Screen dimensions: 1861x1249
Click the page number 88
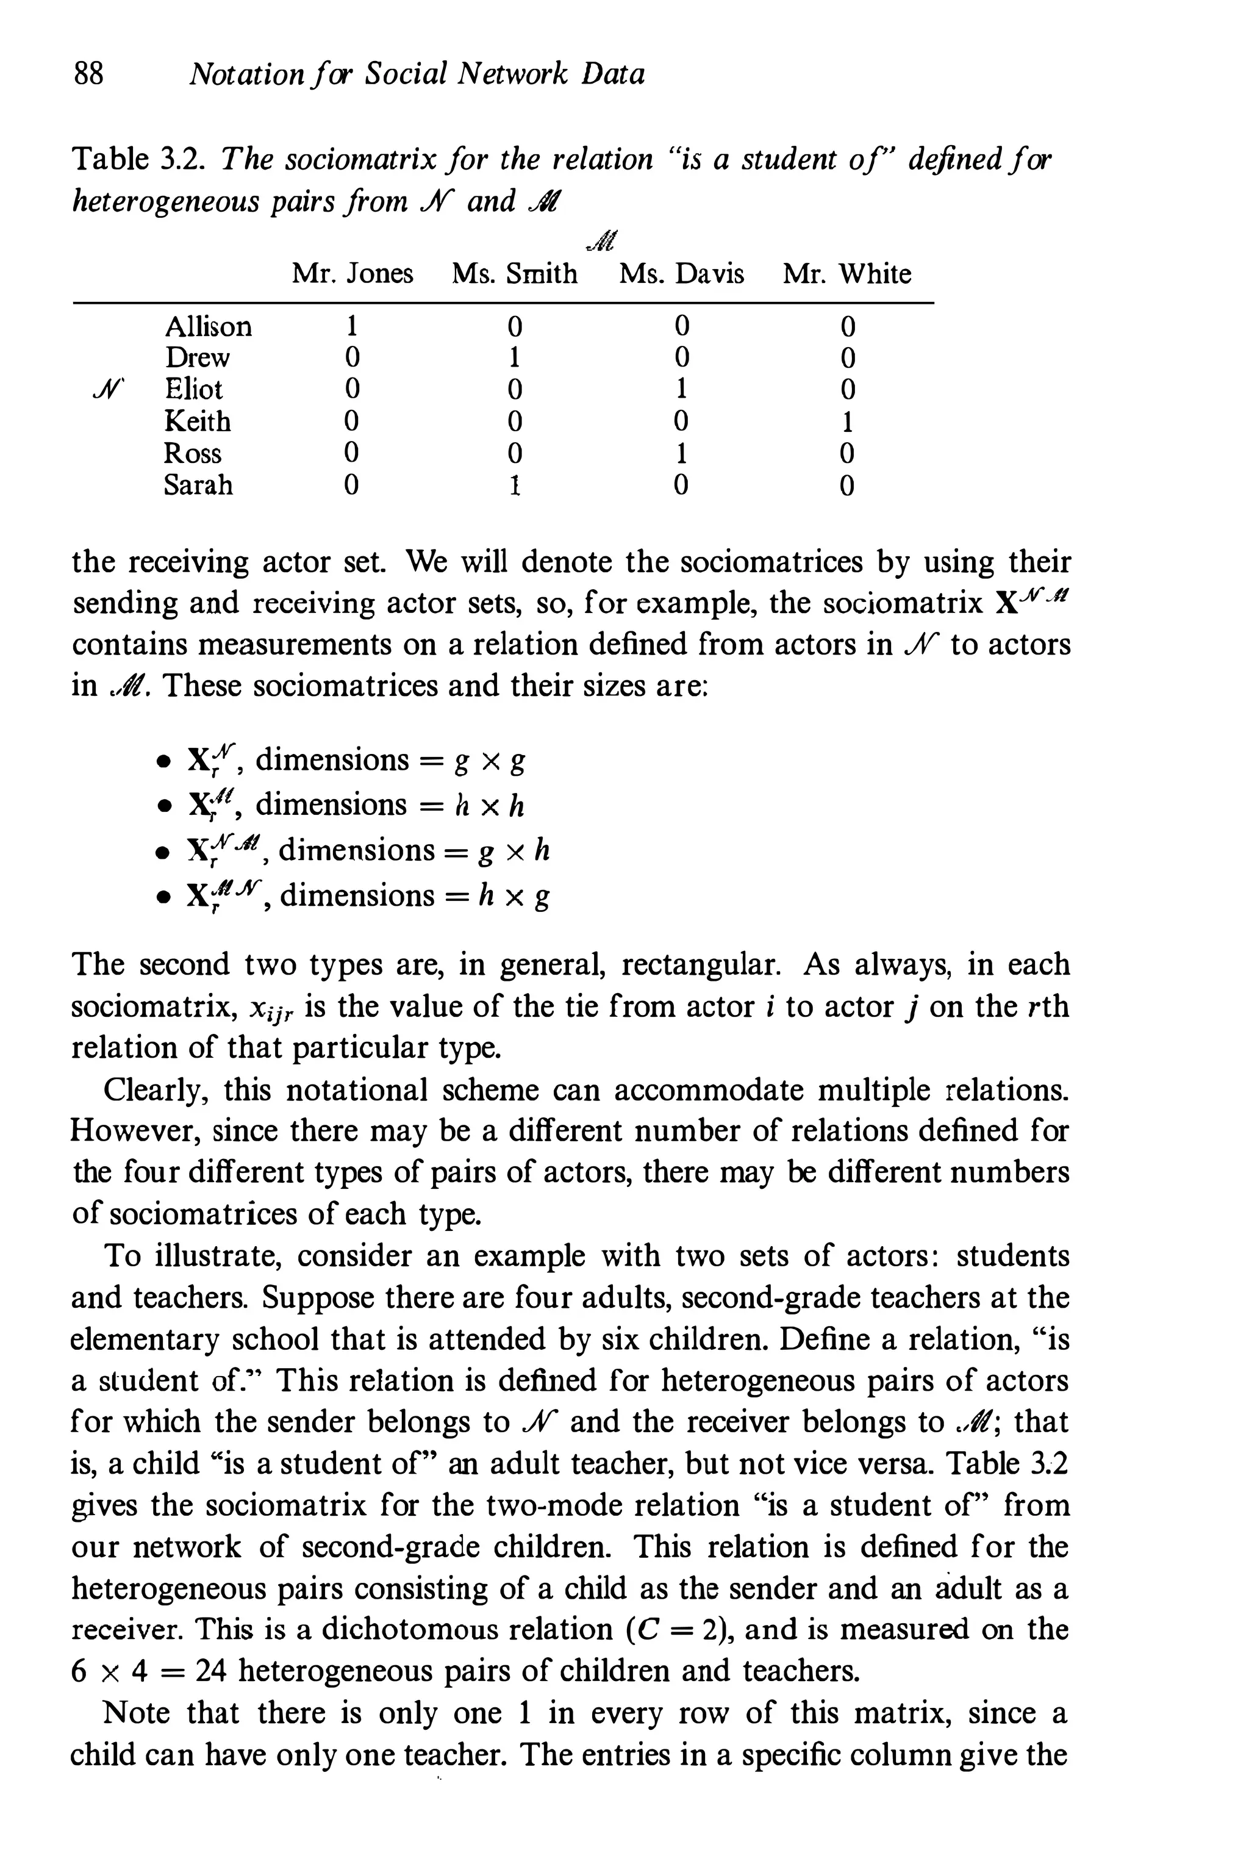pos(88,74)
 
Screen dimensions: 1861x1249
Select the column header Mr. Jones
pos(352,274)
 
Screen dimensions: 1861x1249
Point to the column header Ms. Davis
pos(681,274)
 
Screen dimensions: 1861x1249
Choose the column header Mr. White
pos(846,274)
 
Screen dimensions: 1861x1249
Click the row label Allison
pos(208,326)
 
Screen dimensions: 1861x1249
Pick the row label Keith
pos(197,421)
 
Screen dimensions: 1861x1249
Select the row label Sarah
pos(198,484)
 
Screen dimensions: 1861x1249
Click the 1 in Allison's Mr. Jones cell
pos(351,326)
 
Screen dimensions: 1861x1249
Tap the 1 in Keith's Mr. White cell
pos(848,421)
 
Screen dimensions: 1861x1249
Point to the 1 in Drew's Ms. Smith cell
pos(515,357)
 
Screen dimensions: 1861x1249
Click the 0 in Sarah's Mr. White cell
pos(848,485)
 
